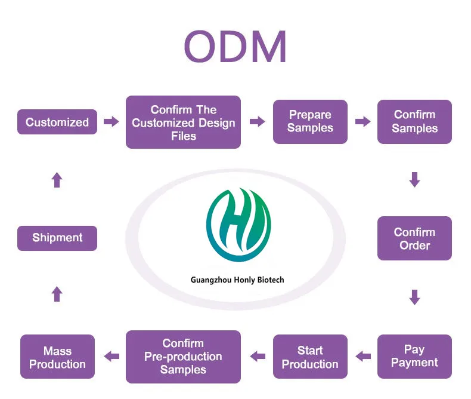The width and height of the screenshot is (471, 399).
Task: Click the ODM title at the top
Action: [235, 46]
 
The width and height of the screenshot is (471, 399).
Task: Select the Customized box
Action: [57, 122]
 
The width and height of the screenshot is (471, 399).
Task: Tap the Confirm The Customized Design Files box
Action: [183, 122]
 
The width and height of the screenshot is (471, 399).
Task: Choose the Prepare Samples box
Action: [310, 122]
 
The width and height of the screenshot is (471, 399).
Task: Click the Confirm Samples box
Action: [414, 122]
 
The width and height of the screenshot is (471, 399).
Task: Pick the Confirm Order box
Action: [414, 238]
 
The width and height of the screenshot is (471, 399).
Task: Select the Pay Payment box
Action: [414, 357]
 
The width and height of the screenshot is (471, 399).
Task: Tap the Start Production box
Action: [310, 357]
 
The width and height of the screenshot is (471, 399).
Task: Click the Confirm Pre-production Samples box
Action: [183, 357]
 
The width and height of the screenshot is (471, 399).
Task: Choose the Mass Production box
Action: [57, 357]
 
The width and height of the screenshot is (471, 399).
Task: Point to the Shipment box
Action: [57, 238]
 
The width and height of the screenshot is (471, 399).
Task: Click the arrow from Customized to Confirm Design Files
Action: [111, 122]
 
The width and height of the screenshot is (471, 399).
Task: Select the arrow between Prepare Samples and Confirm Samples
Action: [363, 122]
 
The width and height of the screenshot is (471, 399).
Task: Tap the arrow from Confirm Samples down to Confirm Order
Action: [414, 180]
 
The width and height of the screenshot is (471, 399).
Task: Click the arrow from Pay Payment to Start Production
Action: [363, 356]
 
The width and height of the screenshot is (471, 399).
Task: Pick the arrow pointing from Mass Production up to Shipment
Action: [57, 294]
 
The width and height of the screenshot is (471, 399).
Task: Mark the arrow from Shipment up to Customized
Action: [57, 180]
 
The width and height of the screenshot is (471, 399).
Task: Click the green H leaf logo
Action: [238, 225]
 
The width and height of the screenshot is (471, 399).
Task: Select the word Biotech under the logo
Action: [271, 280]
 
